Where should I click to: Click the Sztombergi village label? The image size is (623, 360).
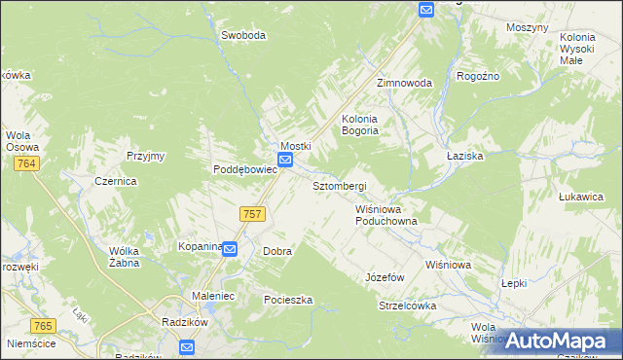click(339, 185)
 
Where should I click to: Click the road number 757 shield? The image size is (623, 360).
click(252, 213)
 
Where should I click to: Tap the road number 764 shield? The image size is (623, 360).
click(26, 165)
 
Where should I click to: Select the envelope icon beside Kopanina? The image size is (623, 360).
click(230, 249)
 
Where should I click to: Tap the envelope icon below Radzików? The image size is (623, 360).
click(187, 345)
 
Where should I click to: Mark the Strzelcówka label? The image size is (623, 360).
click(407, 306)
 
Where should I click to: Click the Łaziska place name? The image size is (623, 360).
click(464, 156)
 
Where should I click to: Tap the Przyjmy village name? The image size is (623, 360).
click(146, 156)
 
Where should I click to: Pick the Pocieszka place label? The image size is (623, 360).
click(288, 300)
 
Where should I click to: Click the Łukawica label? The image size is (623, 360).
click(582, 197)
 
